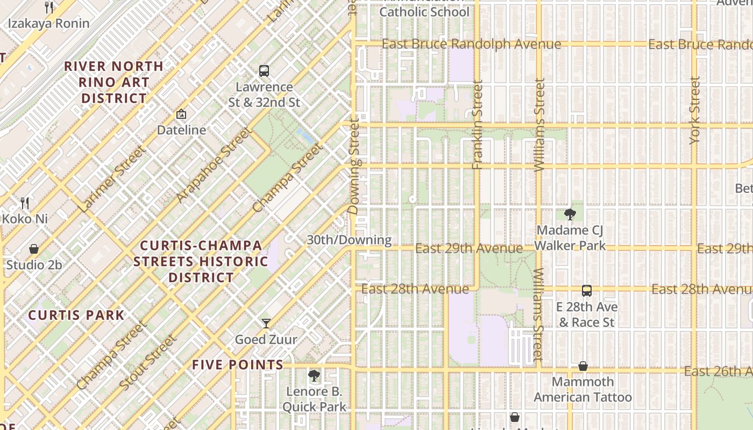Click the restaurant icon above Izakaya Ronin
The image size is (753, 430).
tap(49, 7)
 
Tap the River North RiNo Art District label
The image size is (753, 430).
tap(113, 82)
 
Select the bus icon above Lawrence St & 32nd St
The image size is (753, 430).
tap(264, 70)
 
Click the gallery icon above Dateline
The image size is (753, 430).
tap(181, 114)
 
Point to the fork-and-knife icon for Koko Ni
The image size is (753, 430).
tap(25, 203)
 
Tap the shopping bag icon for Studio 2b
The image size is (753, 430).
tap(34, 249)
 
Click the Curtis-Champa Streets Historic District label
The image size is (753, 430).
tap(201, 262)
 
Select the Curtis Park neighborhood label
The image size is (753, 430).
tap(76, 315)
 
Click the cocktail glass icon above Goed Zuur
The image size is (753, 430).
tap(266, 323)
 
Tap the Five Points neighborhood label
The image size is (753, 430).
tap(238, 365)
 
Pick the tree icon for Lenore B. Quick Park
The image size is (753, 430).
tap(314, 375)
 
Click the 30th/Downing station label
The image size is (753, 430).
tap(349, 240)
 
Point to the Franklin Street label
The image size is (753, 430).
tap(478, 125)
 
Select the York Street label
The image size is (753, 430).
tap(695, 110)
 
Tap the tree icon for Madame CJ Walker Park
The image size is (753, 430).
tap(570, 214)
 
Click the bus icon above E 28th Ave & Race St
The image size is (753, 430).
tap(586, 291)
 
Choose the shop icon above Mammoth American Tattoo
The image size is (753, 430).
tap(582, 366)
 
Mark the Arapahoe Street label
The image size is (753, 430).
tap(214, 166)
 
